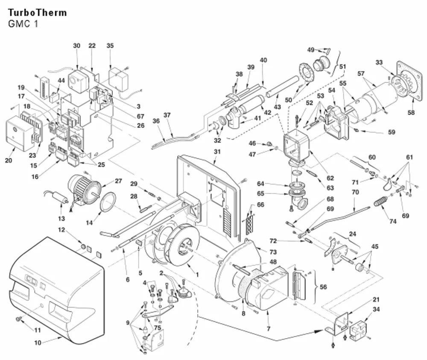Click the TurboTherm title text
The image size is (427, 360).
click(37, 13)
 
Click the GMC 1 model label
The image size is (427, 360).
click(23, 24)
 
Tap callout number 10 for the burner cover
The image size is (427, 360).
click(38, 342)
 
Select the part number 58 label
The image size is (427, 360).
click(411, 112)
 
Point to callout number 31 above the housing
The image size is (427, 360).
click(217, 152)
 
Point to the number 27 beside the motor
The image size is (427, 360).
click(118, 181)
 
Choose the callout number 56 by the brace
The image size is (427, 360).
click(323, 287)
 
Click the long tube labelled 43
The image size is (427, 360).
click(282, 86)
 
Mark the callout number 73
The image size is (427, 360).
click(273, 252)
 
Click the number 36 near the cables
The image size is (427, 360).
click(156, 120)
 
